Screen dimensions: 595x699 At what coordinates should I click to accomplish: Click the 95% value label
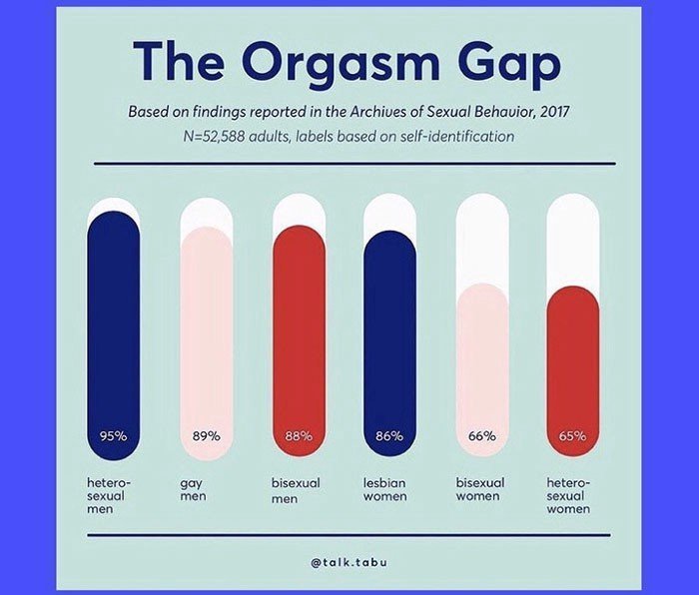tap(115, 435)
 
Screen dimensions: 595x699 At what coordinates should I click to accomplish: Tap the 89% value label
tap(206, 435)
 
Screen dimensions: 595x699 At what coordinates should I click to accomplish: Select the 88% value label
tap(298, 435)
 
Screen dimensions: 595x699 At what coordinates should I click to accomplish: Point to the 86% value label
tap(389, 435)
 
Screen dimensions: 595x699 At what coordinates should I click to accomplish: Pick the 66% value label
tap(481, 435)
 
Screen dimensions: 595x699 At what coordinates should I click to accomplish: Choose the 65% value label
tap(573, 435)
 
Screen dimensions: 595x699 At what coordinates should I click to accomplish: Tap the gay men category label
tap(193, 489)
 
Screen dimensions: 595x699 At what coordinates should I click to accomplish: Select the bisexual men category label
tap(296, 489)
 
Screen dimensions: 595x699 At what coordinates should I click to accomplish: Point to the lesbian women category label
tap(385, 489)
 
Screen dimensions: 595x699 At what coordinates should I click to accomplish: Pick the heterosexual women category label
tap(569, 495)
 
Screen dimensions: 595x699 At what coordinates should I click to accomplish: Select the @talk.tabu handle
tap(349, 562)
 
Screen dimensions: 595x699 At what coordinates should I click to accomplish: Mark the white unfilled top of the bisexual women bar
tap(481, 240)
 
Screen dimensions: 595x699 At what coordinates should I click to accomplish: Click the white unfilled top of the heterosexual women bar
tap(573, 240)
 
